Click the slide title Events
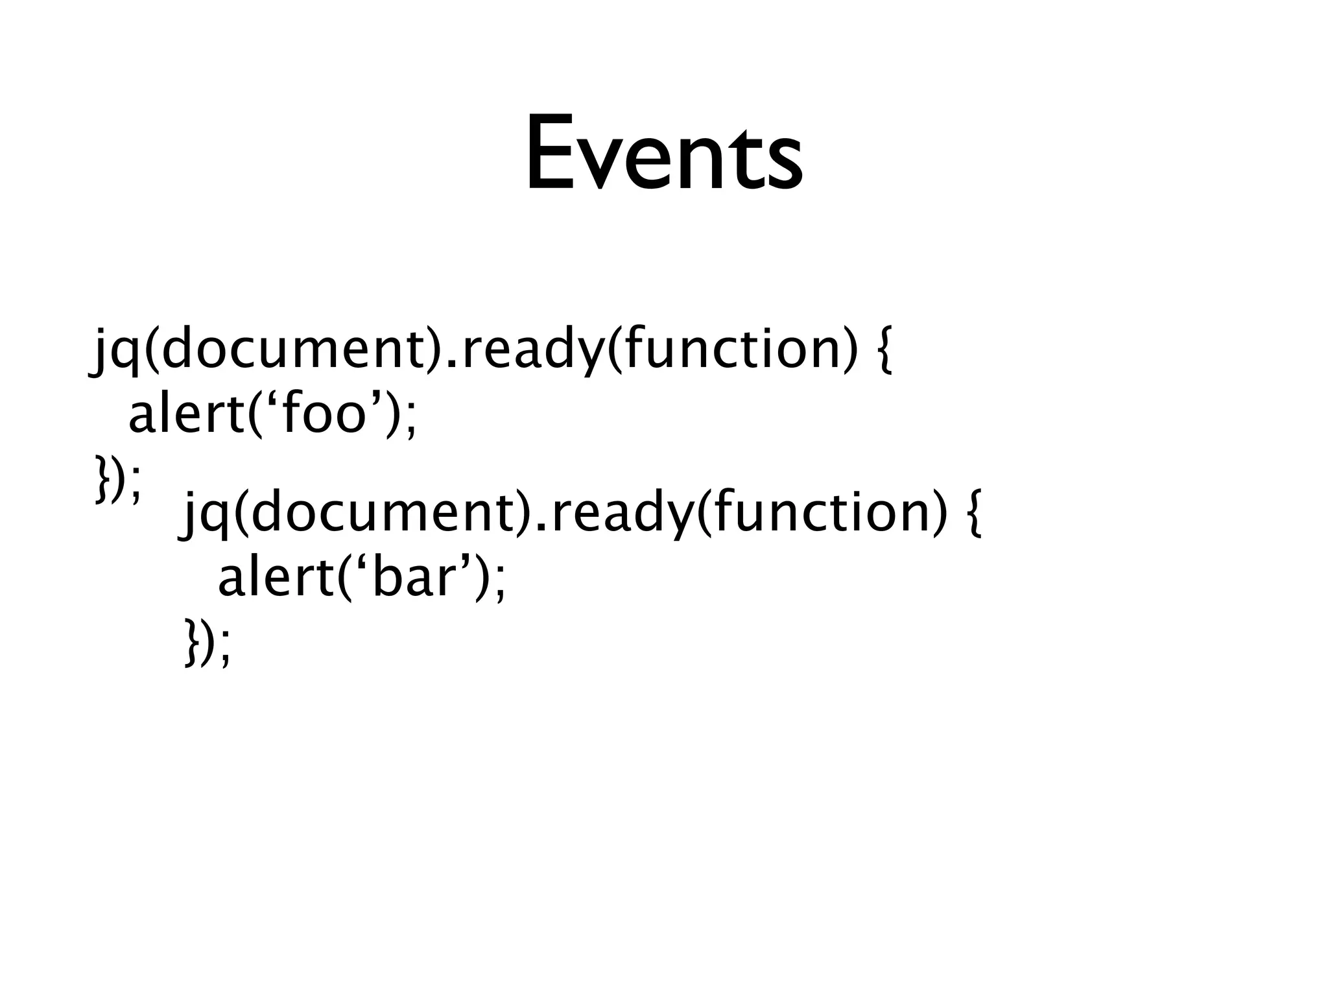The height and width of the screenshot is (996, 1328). [663, 154]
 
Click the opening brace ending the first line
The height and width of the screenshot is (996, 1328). [883, 351]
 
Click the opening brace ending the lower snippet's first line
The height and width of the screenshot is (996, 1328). [973, 514]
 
